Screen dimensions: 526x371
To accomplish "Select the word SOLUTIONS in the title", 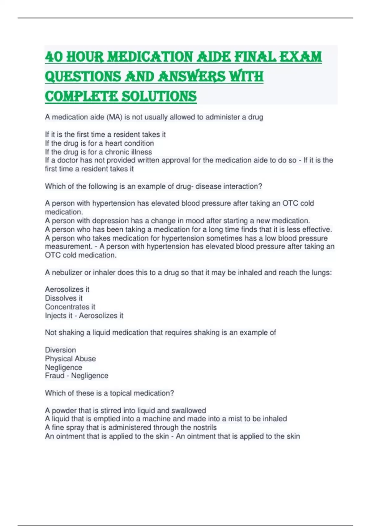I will coord(159,96).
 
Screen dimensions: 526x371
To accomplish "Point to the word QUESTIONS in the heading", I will coord(83,77).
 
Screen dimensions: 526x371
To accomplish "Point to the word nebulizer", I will coord(66,273).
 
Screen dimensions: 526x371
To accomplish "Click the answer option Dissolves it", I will coord(64,298).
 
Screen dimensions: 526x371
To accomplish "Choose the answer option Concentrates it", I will coord(70,307).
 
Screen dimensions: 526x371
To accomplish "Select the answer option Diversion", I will coord(60,350).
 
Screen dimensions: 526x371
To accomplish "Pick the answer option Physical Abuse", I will coord(70,359).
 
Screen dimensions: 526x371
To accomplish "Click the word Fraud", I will coord(54,376).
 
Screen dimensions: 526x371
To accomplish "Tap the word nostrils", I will coord(204,428).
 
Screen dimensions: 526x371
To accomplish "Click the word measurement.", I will coord(68,247).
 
